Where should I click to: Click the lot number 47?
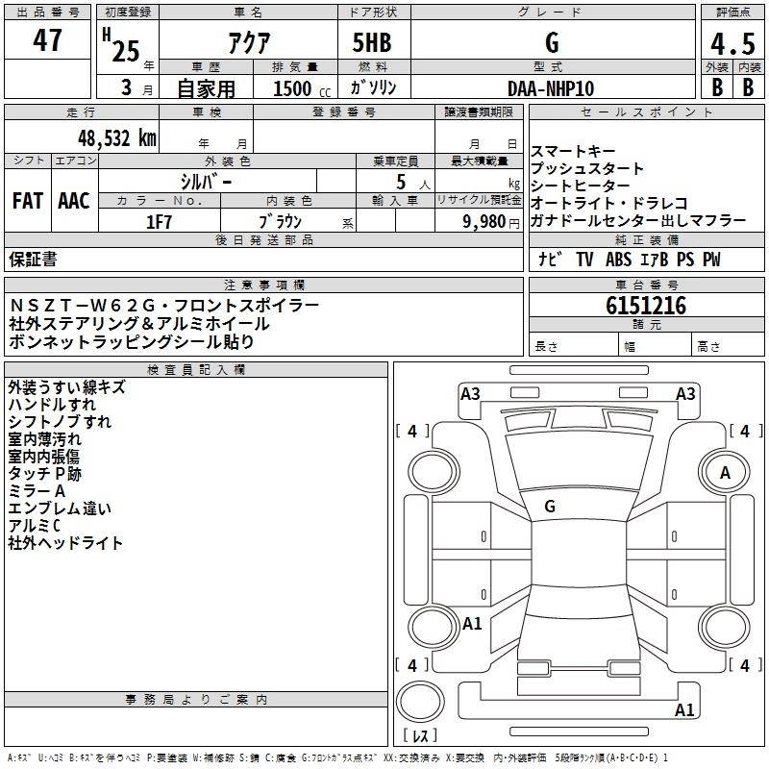point(47,40)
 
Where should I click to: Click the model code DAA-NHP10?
point(551,87)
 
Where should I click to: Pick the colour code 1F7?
point(159,220)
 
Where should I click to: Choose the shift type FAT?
point(27,201)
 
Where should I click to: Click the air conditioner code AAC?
point(73,201)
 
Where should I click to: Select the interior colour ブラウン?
point(281,220)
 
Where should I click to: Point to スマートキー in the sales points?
point(573,152)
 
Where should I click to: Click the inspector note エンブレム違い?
point(59,509)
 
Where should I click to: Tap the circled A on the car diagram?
point(725,473)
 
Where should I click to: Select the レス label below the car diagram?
point(419,737)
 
